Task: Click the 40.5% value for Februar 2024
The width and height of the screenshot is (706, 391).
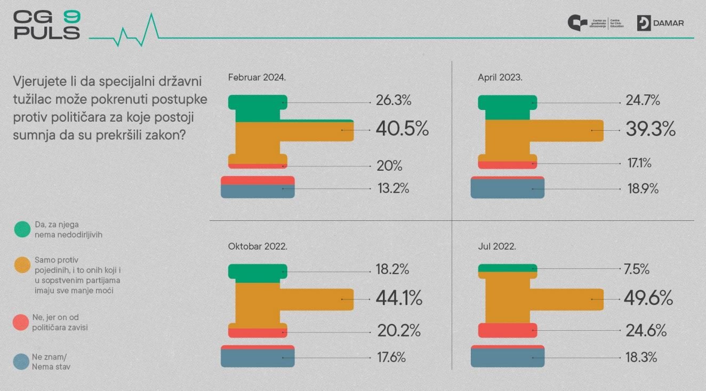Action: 402,129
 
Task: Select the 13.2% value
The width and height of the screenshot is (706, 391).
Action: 394,188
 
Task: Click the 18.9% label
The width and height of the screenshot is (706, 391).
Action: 643,188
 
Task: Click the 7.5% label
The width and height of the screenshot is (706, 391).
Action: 637,270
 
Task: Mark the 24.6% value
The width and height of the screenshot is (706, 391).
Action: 646,331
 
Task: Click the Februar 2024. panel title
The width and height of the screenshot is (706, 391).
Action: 257,77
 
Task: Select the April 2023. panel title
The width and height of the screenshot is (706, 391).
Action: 500,77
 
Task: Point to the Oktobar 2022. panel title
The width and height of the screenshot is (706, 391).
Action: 258,247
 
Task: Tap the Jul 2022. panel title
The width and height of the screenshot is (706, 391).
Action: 496,247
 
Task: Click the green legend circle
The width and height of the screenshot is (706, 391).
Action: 21,229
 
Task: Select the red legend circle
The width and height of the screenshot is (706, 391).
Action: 21,322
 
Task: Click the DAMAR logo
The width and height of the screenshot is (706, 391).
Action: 660,23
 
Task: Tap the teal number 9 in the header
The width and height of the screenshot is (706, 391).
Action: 71,16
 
